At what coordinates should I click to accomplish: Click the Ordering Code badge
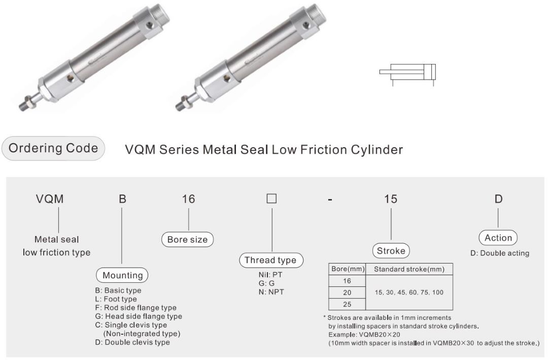(x=53, y=149)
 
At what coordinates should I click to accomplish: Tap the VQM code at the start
(x=50, y=199)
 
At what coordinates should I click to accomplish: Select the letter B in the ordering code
(x=122, y=199)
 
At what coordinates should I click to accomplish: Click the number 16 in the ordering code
(x=188, y=199)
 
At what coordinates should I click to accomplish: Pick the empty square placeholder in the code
(x=271, y=199)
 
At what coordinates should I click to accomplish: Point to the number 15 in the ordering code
(x=391, y=199)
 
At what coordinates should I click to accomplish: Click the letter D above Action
(x=498, y=199)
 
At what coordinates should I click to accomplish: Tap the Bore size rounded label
(x=188, y=239)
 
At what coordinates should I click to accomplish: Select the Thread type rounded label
(x=270, y=260)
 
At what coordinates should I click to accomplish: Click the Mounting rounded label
(x=123, y=275)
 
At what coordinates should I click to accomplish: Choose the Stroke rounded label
(x=391, y=251)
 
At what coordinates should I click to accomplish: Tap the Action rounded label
(x=498, y=238)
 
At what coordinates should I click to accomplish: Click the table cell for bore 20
(x=347, y=293)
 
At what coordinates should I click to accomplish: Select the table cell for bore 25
(x=347, y=304)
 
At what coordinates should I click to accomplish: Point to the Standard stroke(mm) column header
(x=409, y=269)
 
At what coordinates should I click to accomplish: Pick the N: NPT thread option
(x=269, y=292)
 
